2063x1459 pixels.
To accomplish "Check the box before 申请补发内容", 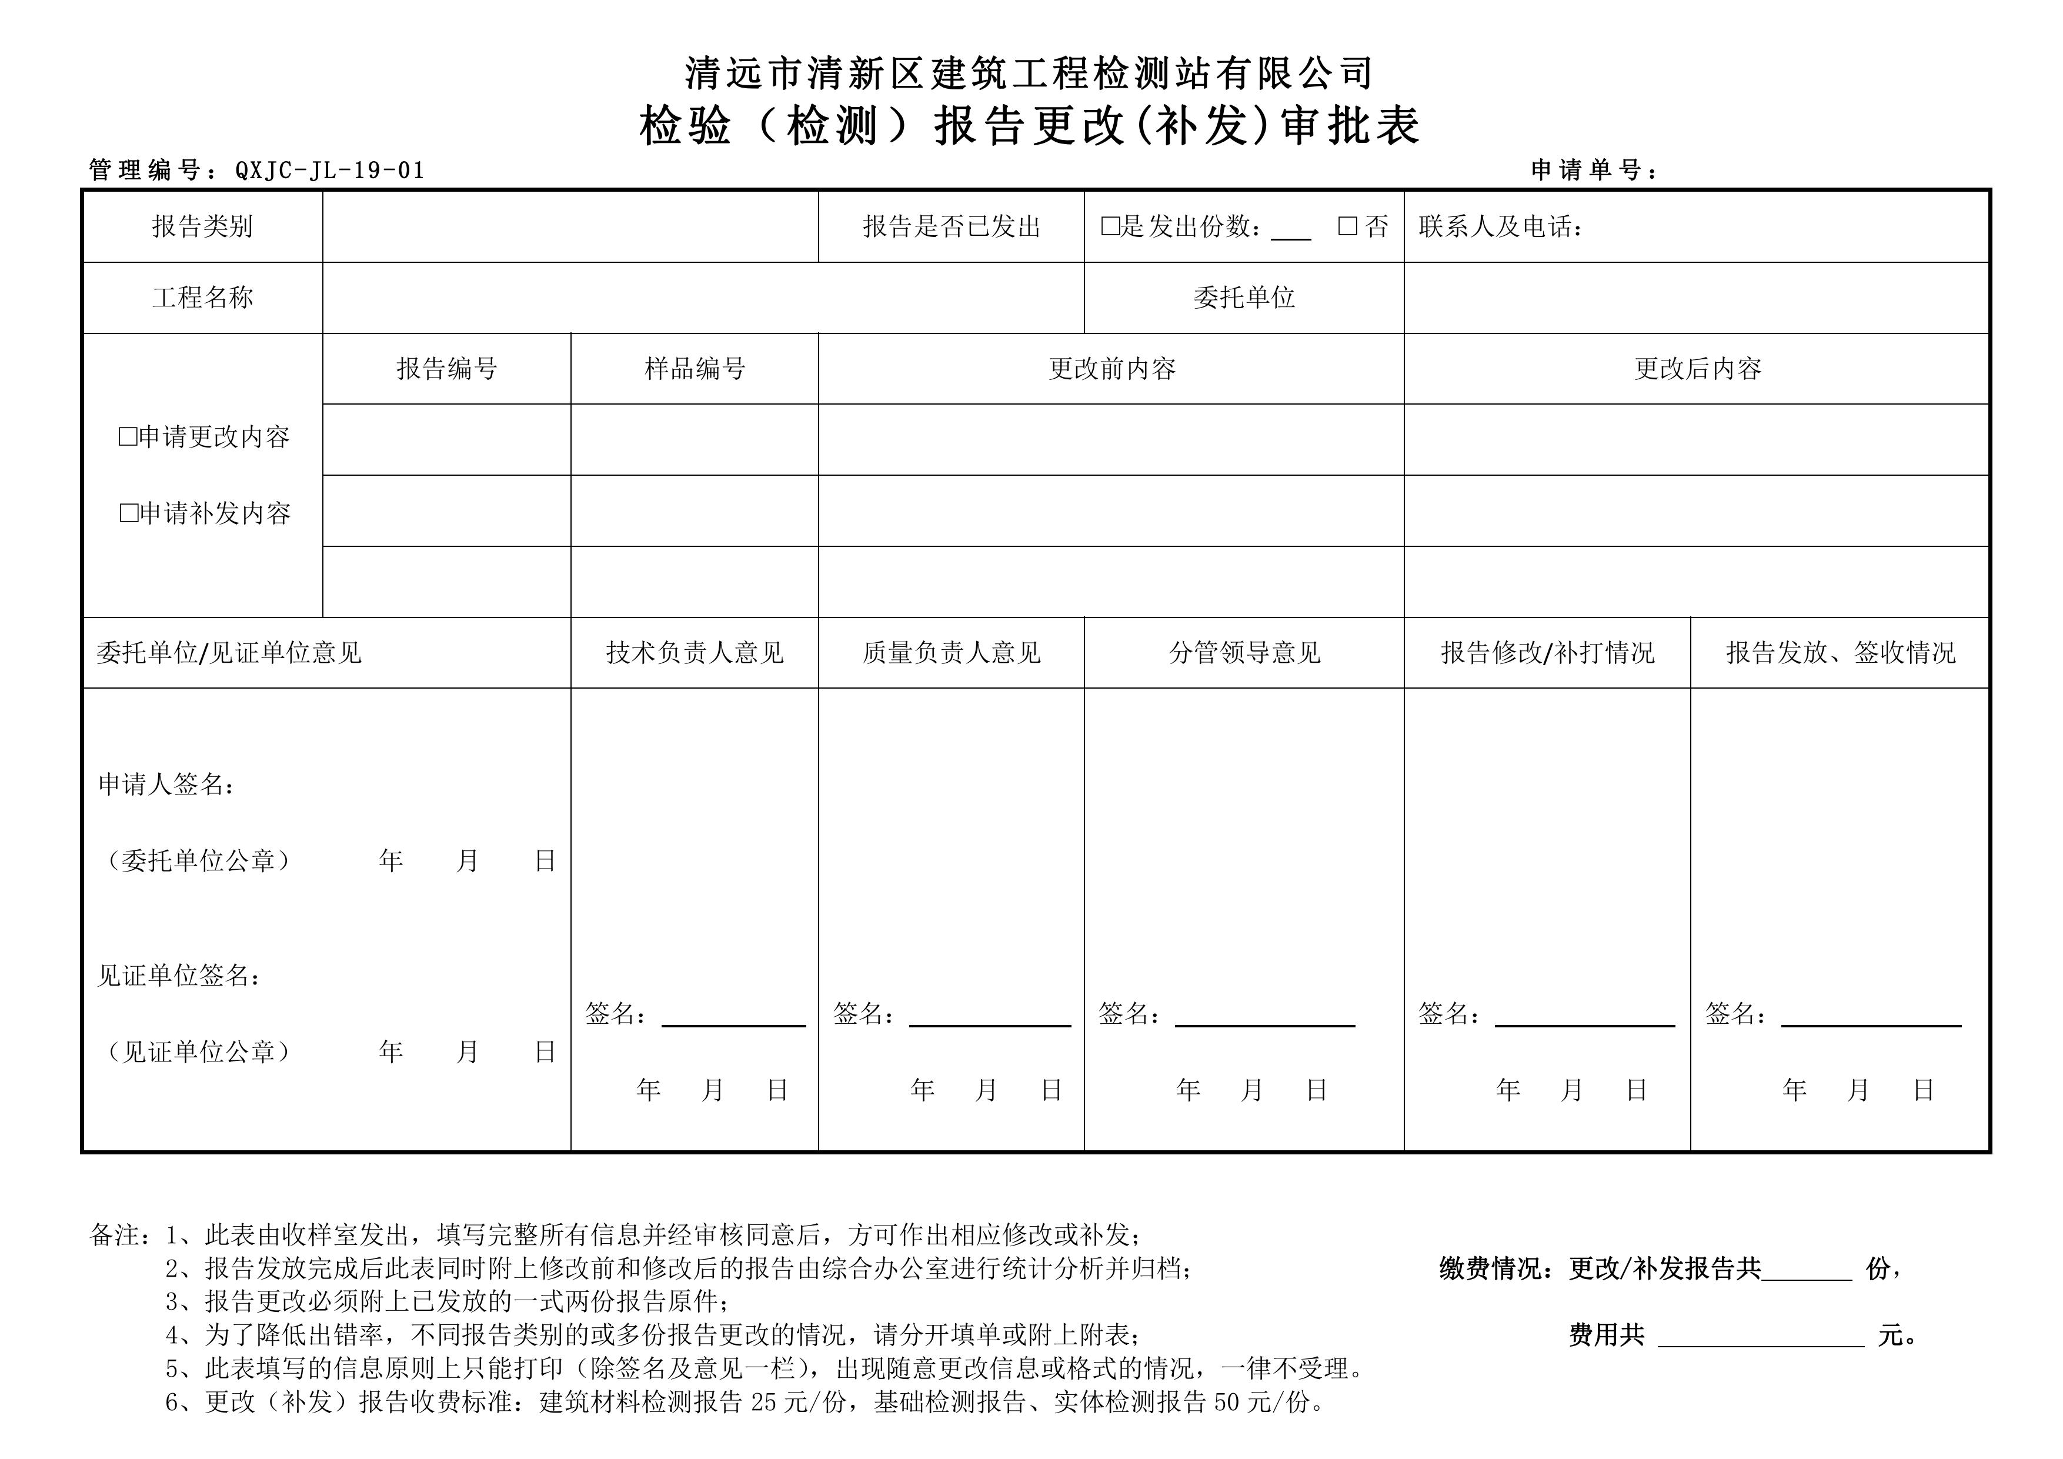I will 128,513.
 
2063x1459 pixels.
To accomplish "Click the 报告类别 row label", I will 202,226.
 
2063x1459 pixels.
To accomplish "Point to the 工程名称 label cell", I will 202,298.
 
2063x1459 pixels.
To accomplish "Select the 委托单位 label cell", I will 1244,298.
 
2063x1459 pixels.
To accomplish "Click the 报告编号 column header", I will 446,368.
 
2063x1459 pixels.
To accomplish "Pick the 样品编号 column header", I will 695,368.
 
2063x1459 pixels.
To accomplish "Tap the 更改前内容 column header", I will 1111,368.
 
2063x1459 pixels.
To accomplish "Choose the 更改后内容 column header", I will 1697,368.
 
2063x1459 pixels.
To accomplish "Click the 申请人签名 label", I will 166,784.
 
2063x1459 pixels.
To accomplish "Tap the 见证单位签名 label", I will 179,976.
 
